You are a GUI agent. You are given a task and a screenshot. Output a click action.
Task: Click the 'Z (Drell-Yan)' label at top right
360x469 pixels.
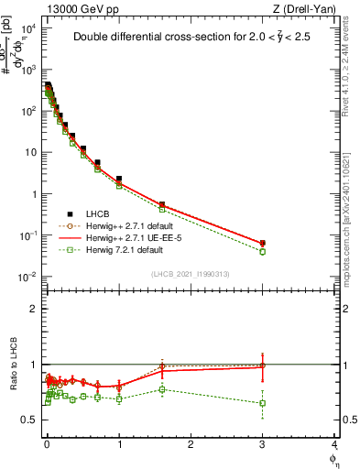(x=309, y=8)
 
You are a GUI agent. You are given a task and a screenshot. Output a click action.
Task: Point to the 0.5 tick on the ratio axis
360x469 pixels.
(x=29, y=420)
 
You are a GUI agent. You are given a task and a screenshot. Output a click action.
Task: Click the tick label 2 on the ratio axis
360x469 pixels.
(x=34, y=309)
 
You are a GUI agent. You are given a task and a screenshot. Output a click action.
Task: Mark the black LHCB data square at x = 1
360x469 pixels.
(x=119, y=179)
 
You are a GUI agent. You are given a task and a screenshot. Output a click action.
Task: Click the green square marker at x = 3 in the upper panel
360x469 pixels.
(x=263, y=251)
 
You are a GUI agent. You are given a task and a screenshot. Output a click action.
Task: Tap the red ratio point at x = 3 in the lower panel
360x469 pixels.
(x=263, y=365)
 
